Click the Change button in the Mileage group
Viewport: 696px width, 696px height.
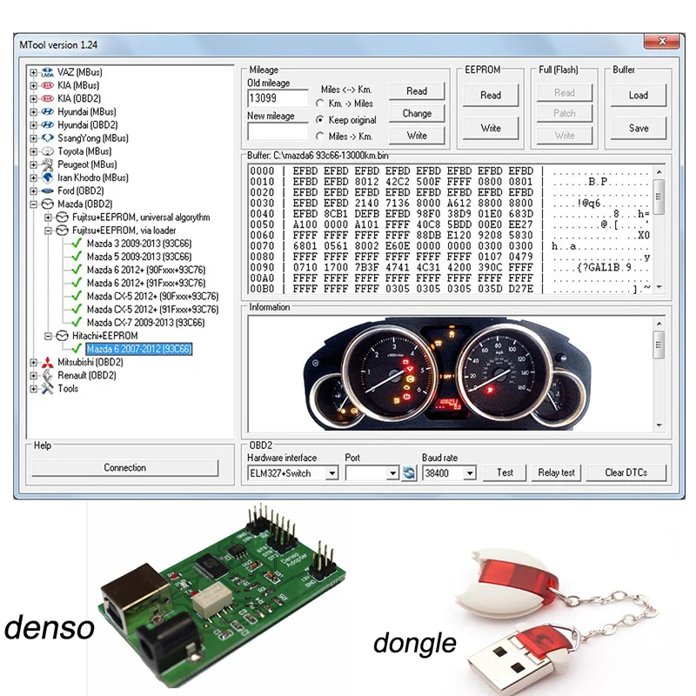pos(417,113)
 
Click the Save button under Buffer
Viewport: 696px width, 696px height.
pos(639,128)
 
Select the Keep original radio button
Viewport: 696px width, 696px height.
pos(321,120)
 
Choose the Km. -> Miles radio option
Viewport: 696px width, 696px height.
pos(321,104)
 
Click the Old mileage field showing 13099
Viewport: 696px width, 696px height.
pos(278,97)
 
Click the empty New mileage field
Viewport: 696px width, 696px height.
pos(278,131)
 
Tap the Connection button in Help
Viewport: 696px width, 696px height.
pos(125,467)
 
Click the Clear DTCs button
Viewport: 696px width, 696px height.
pos(626,472)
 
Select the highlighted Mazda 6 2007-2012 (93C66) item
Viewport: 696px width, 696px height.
pos(139,349)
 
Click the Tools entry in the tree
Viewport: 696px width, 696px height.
pos(68,389)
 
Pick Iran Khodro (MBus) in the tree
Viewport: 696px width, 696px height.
pos(92,177)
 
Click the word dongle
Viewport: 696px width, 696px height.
pos(414,643)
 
